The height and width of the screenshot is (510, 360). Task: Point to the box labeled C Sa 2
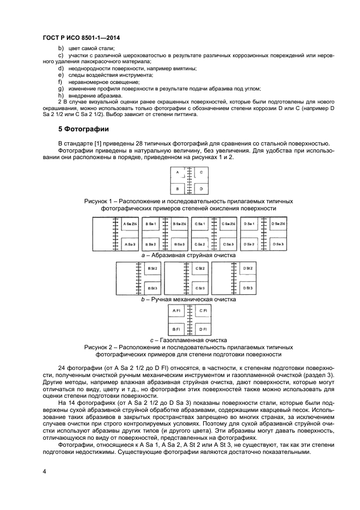pos(199,244)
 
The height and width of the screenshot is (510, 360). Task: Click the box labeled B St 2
pos(153,269)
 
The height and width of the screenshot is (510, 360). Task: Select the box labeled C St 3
pos(200,288)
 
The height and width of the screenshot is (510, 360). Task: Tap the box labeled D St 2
pos(248,269)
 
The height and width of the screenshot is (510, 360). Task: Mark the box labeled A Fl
pos(176,311)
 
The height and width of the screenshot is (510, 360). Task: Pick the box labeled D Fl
pos(200,329)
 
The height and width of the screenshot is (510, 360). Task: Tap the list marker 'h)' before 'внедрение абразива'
pos(60,95)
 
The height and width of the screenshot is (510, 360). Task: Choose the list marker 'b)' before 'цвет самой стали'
pos(60,48)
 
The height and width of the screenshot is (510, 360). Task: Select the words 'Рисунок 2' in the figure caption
pos(100,347)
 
